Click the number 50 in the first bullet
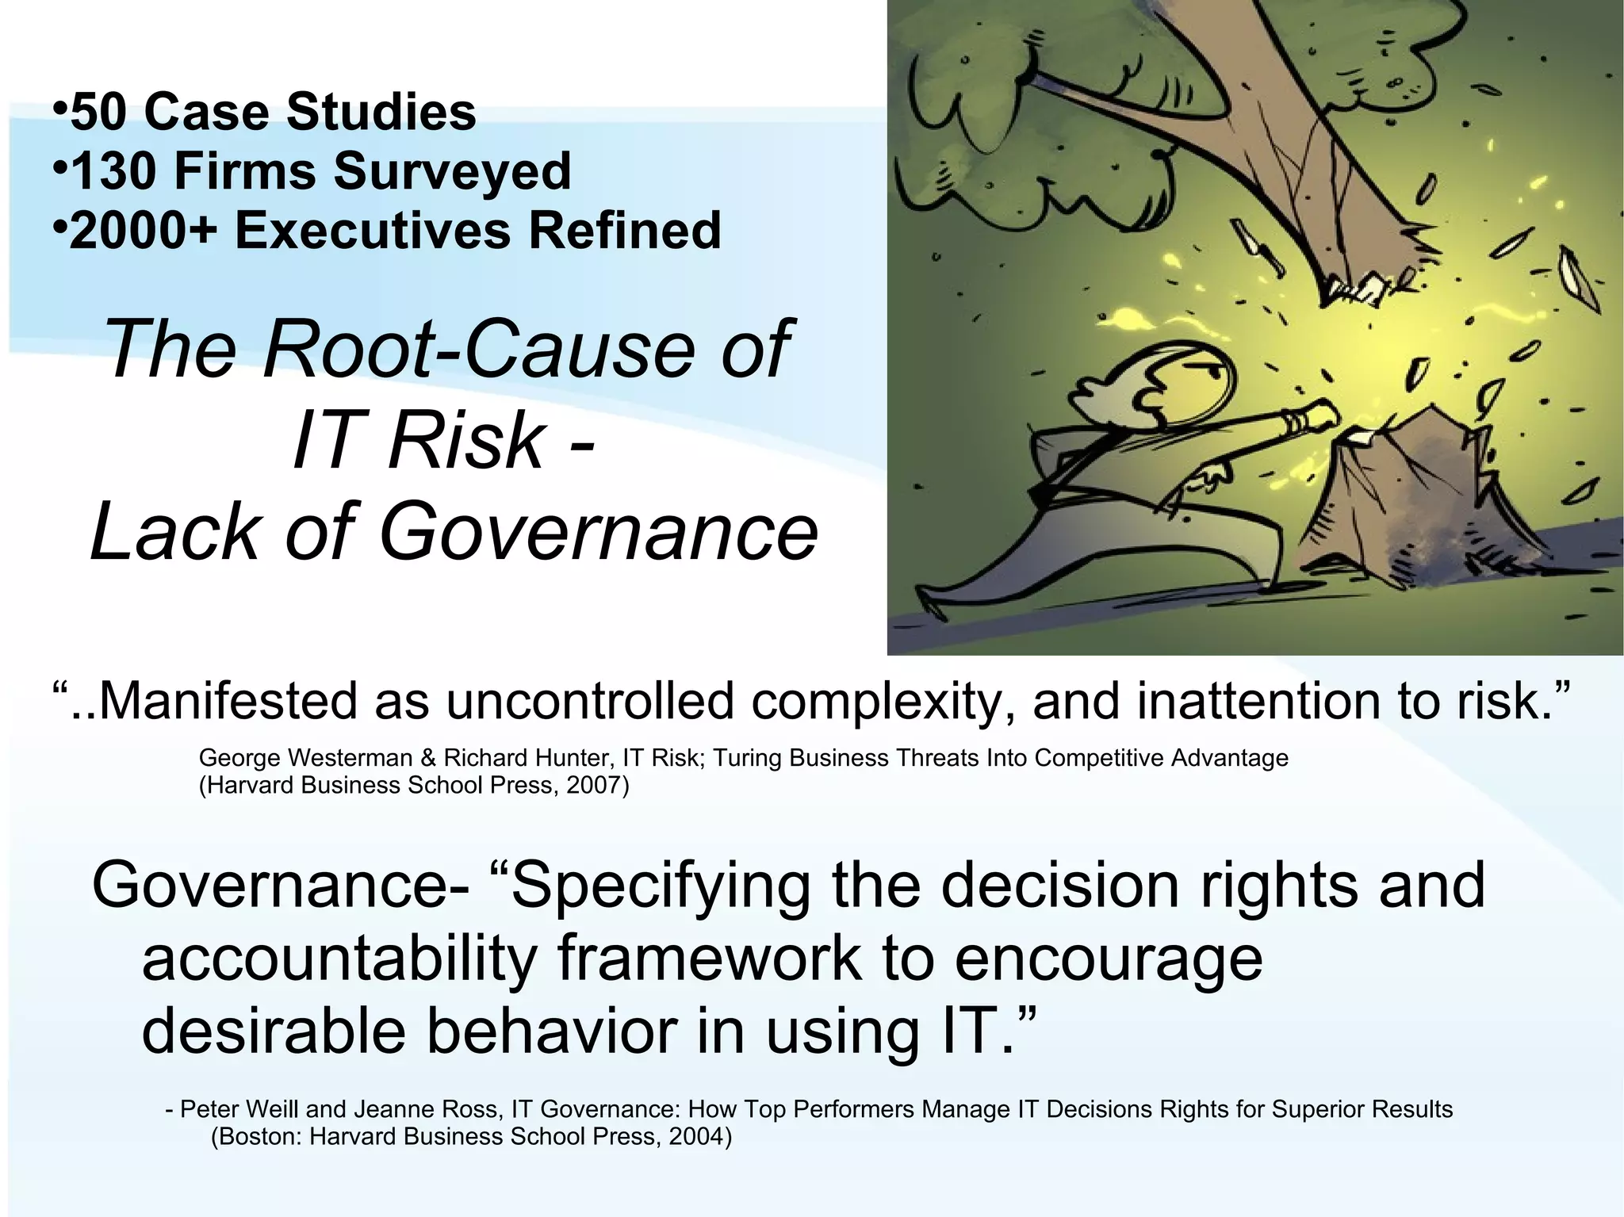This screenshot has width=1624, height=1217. click(x=99, y=112)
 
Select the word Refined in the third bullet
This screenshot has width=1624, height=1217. click(x=624, y=231)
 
